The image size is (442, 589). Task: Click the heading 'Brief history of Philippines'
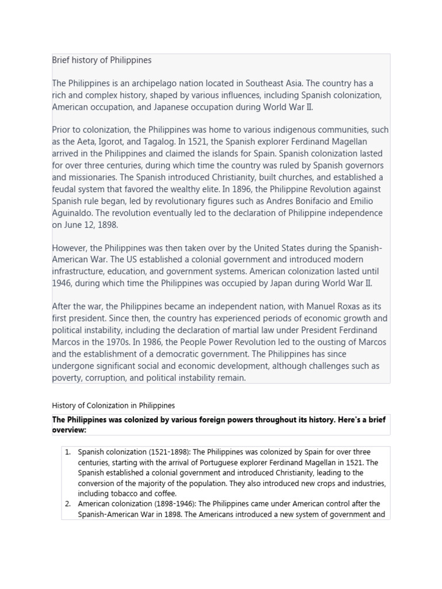click(x=102, y=60)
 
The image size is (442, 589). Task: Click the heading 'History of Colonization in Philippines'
click(x=113, y=406)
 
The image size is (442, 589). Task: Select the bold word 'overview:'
click(x=69, y=430)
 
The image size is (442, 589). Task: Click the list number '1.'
click(x=68, y=452)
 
